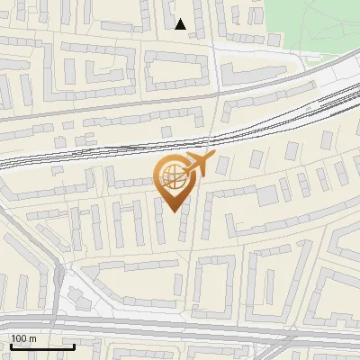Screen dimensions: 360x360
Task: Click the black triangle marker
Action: click(x=181, y=24)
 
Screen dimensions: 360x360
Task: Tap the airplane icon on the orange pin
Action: click(x=198, y=165)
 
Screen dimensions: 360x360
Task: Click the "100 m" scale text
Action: click(x=23, y=338)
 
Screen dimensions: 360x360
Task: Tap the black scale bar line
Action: click(x=41, y=346)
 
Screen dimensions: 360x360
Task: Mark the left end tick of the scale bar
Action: click(x=10, y=345)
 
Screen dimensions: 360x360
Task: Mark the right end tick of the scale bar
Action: click(x=74, y=345)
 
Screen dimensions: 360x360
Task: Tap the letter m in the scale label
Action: click(x=32, y=338)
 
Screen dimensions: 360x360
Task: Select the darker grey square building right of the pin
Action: click(x=266, y=195)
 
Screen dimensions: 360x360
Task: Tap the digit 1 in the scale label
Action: click(x=13, y=338)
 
